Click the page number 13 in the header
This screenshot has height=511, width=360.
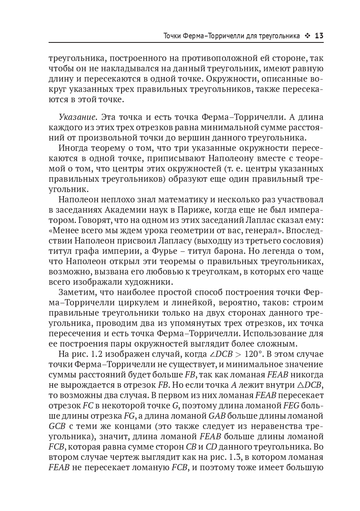point(319,36)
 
